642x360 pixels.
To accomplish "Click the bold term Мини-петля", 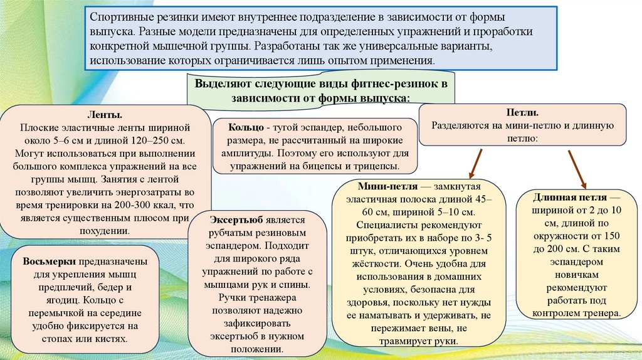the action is pyautogui.click(x=384, y=188).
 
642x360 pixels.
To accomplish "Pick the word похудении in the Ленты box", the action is pyautogui.click(x=105, y=231).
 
